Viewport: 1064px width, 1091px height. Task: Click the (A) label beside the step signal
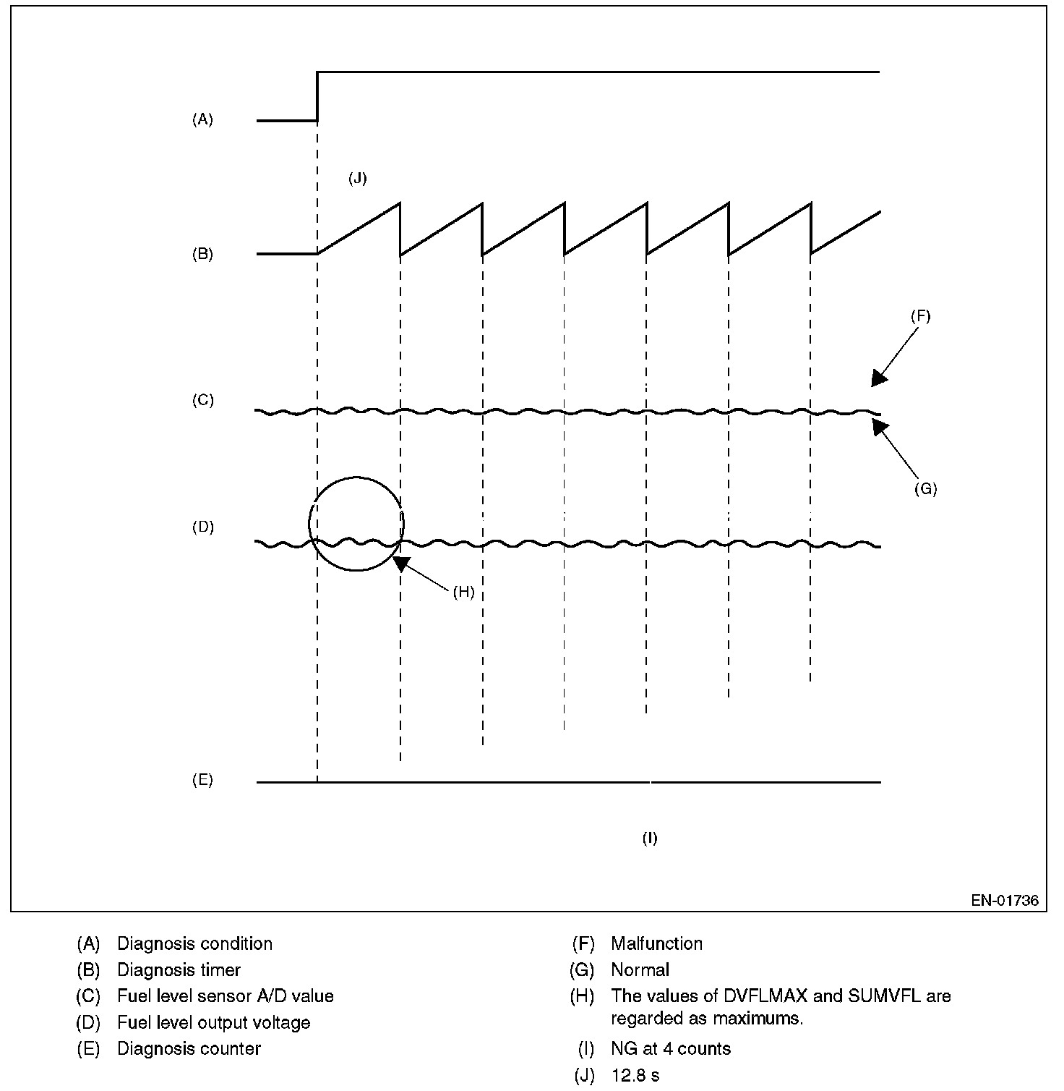click(202, 120)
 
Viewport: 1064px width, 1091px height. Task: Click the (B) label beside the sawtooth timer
click(202, 255)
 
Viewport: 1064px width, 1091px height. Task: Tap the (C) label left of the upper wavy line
click(202, 400)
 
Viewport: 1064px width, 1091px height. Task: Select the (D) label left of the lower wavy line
click(202, 527)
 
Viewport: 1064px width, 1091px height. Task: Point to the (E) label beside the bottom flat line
click(202, 781)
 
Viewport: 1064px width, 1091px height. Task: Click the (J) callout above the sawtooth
click(357, 179)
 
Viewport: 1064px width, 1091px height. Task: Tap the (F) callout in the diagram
click(920, 316)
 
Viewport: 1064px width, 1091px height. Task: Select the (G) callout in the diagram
click(925, 489)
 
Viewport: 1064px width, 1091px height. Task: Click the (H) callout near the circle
click(463, 593)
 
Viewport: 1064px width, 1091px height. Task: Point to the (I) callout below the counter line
click(650, 839)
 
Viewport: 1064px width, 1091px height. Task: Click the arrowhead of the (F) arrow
click(878, 379)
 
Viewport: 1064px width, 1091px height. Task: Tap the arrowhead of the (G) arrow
click(878, 426)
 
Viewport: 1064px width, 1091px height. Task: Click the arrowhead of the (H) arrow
click(400, 563)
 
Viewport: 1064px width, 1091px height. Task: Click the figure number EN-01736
click(1005, 901)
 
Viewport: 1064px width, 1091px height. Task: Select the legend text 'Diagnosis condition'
click(194, 944)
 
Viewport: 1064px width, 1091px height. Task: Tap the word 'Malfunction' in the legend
click(656, 944)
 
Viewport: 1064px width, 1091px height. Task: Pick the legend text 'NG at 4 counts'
click(670, 1049)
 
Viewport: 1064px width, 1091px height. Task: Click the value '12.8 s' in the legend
click(635, 1076)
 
